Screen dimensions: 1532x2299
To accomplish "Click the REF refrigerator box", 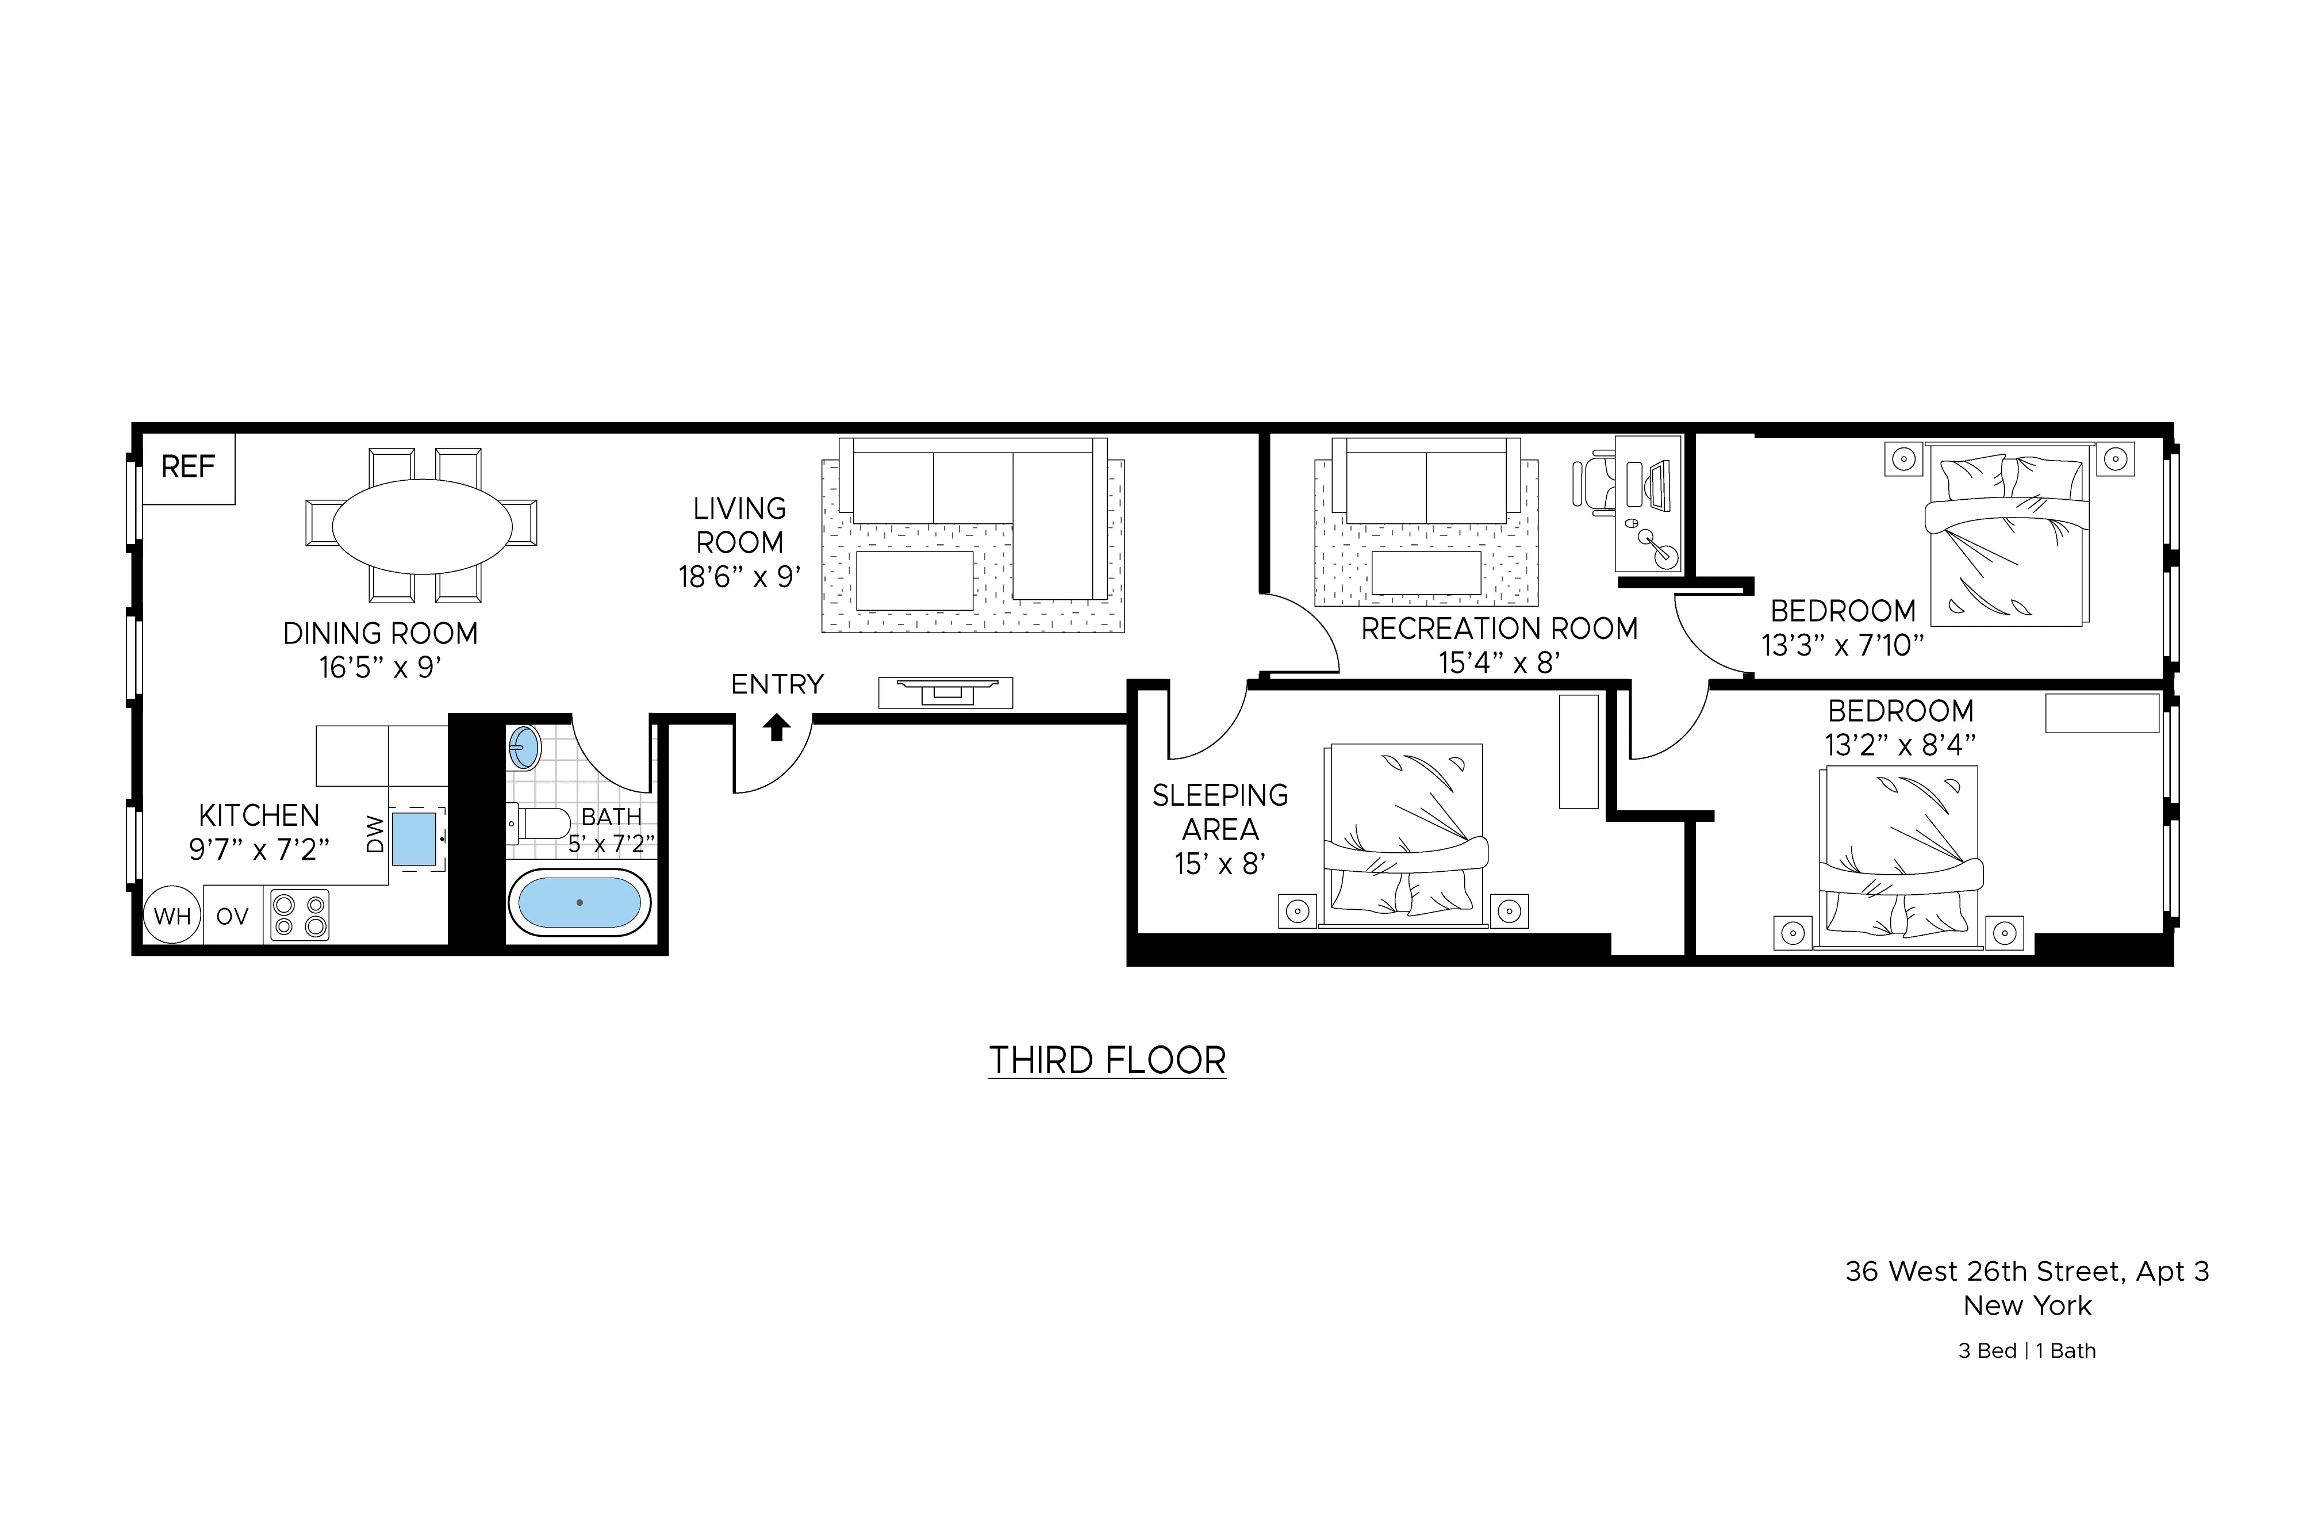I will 189,468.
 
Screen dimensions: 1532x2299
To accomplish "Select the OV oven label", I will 232,917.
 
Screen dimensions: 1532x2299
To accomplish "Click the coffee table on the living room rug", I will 914,580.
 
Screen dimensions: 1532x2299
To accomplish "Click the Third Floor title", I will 1107,1060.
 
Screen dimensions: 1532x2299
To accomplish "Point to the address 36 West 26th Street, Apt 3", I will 2027,1271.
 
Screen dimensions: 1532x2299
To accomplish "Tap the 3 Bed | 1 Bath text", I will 2027,1350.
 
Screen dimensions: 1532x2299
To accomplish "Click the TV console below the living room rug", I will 945,692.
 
